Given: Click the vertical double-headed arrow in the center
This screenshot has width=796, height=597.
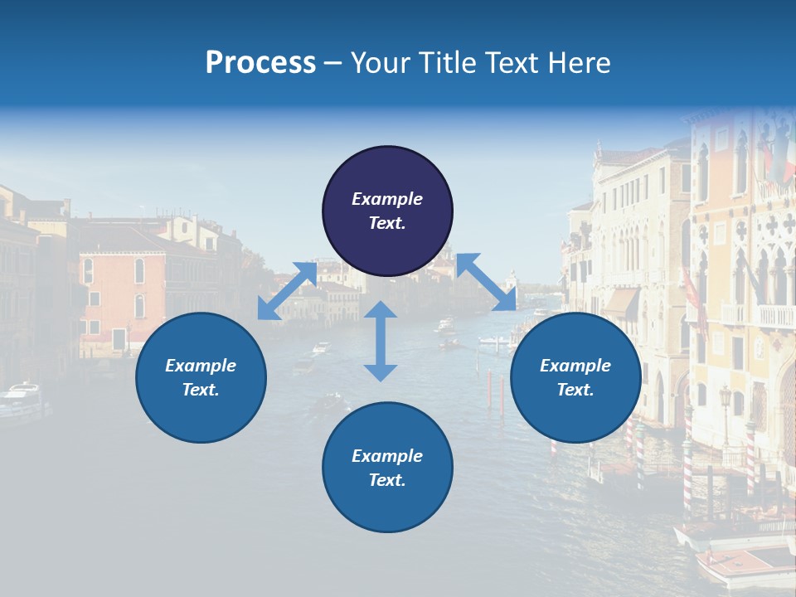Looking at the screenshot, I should pos(381,341).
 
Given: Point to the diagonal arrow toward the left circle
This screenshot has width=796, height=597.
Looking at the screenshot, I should pos(287,291).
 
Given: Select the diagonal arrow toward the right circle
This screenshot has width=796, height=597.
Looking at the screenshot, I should pos(486,282).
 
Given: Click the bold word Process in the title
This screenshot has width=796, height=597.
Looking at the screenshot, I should pos(260,63).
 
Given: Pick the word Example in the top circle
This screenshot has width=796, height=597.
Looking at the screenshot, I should pos(387,199).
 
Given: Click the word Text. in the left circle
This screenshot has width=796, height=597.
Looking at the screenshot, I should pos(201,390).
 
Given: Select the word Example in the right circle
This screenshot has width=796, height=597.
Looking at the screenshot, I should pos(575,366).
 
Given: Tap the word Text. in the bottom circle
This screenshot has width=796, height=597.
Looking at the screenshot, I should pos(387,480).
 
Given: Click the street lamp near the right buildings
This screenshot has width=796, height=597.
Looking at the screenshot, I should pos(726,398).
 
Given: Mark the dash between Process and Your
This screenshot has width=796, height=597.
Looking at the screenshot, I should pos(333,63).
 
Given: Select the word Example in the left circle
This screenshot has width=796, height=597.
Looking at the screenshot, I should pos(201,366).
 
